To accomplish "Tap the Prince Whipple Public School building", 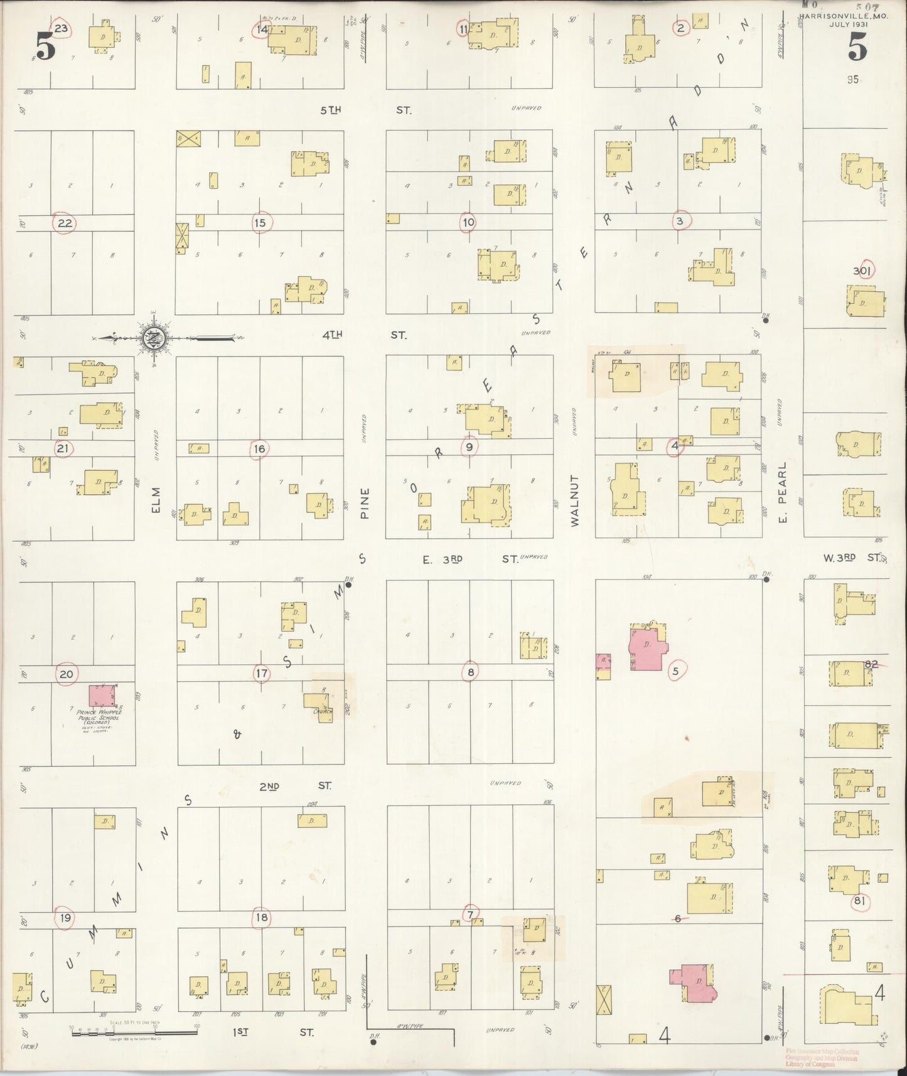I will click(102, 696).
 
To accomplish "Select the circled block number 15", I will click(260, 222).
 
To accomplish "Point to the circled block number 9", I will click(469, 447).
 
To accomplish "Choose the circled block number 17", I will click(261, 674).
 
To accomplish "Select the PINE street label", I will click(365, 503).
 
